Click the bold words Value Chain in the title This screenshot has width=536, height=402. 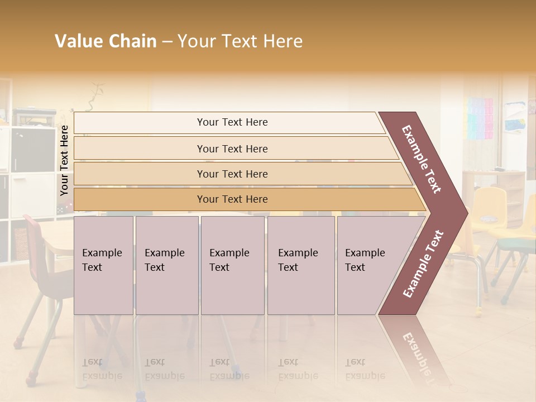pyautogui.click(x=106, y=41)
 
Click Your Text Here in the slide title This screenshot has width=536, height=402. pyautogui.click(x=240, y=41)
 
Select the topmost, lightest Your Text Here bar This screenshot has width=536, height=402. pyautogui.click(x=232, y=122)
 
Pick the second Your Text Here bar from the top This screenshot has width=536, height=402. pyautogui.click(x=232, y=149)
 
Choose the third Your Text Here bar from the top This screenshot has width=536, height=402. pyautogui.click(x=232, y=174)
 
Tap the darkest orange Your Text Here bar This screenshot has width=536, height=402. pyautogui.click(x=232, y=199)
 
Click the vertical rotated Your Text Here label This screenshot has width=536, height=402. pyautogui.click(x=64, y=160)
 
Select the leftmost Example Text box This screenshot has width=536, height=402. pyautogui.click(x=103, y=265)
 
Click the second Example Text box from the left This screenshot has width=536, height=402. pyautogui.click(x=166, y=265)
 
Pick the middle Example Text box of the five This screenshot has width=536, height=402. pyautogui.click(x=232, y=265)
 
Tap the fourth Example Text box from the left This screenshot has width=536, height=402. pyautogui.click(x=300, y=265)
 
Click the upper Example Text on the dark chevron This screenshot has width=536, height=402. pyautogui.click(x=422, y=159)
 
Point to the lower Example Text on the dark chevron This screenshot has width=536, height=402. pyautogui.click(x=423, y=264)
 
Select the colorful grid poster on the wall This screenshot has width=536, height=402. pyautogui.click(x=480, y=118)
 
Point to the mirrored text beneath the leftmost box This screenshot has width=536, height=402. pyautogui.click(x=102, y=369)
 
